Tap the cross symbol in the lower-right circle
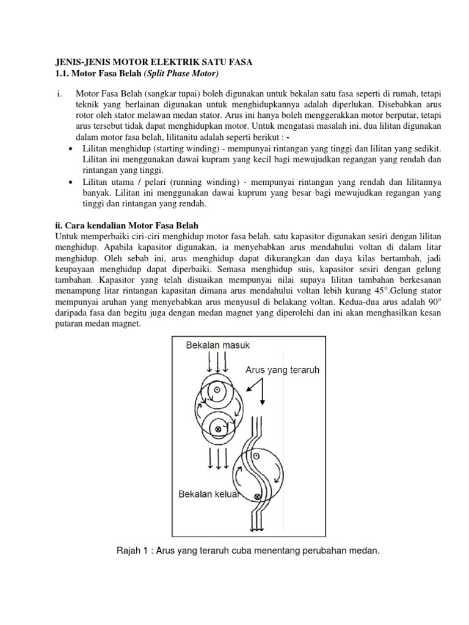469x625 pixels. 257,497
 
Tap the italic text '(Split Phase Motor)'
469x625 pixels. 181,73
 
